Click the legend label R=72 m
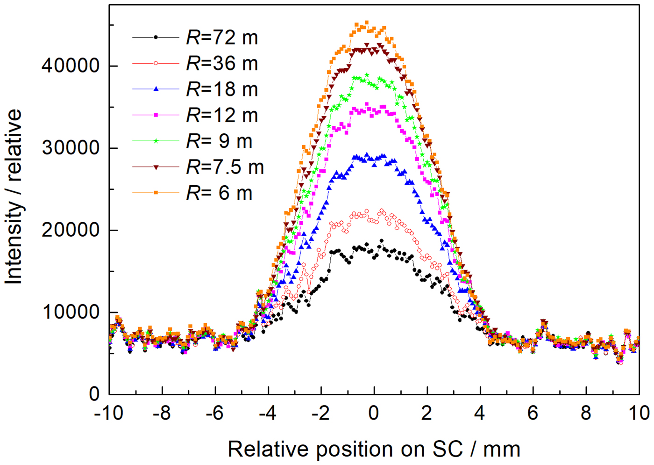pyautogui.click(x=222, y=37)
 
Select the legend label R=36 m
pyautogui.click(x=222, y=63)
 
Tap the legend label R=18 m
pyautogui.click(x=222, y=89)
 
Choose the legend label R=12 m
pyautogui.click(x=222, y=115)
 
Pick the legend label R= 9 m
pyautogui.click(x=219, y=141)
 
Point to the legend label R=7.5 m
pyautogui.click(x=225, y=167)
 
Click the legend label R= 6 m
pyautogui.click(x=219, y=193)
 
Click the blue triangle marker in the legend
pyautogui.click(x=156, y=89)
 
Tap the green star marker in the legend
pyautogui.click(x=156, y=141)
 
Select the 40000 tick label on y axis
pyautogui.click(x=71, y=66)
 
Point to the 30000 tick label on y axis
pyautogui.click(x=71, y=148)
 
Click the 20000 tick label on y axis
pyautogui.click(x=71, y=230)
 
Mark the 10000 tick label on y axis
pyautogui.click(x=71, y=312)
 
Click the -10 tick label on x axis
pyautogui.click(x=109, y=414)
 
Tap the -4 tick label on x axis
pyautogui.click(x=268, y=414)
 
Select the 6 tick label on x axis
pyautogui.click(x=533, y=414)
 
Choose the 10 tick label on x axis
pyautogui.click(x=639, y=414)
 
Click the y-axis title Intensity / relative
pyautogui.click(x=14, y=196)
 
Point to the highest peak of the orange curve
pyautogui.click(x=366, y=22)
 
